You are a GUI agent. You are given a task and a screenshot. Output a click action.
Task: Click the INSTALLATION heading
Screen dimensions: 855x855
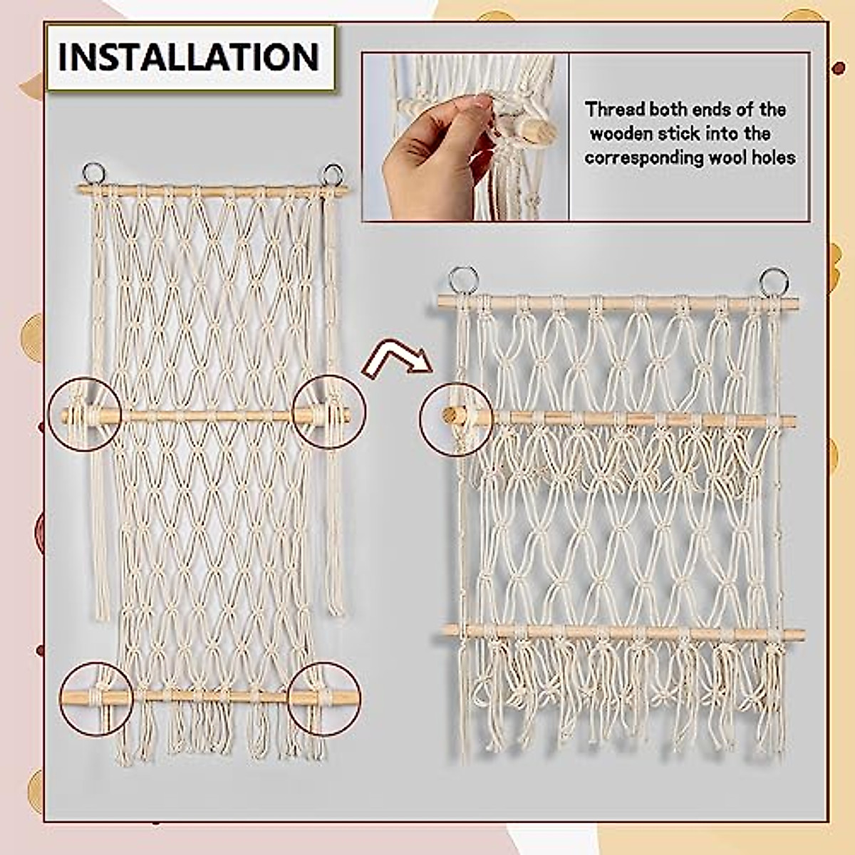pyautogui.click(x=189, y=57)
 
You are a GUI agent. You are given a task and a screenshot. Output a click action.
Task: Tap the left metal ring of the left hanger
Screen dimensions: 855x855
pyautogui.click(x=93, y=173)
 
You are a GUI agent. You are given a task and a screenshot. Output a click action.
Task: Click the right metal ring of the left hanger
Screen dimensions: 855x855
pyautogui.click(x=332, y=174)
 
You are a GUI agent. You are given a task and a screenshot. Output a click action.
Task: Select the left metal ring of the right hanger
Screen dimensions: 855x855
pyautogui.click(x=462, y=280)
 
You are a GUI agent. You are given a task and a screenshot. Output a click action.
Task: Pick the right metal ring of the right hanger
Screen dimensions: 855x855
pyautogui.click(x=774, y=281)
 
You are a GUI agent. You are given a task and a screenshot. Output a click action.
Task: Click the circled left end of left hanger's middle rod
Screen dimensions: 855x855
pyautogui.click(x=84, y=414)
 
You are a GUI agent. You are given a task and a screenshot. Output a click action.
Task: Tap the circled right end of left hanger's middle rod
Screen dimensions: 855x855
pyautogui.click(x=330, y=413)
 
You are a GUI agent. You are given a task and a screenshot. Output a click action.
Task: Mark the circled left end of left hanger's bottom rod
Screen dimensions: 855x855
pyautogui.click(x=95, y=698)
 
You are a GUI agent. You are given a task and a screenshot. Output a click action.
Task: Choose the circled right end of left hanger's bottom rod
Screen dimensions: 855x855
pyautogui.click(x=324, y=698)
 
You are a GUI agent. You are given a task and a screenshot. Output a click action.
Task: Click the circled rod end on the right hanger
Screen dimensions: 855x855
pyautogui.click(x=455, y=417)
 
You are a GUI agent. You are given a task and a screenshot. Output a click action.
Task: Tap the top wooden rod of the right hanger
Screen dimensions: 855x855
pyautogui.click(x=617, y=304)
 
